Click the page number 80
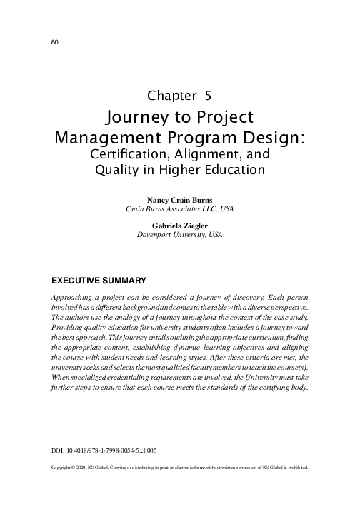pos(55,41)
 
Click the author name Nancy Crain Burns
pos(179,200)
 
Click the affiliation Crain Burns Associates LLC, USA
pos(179,209)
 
